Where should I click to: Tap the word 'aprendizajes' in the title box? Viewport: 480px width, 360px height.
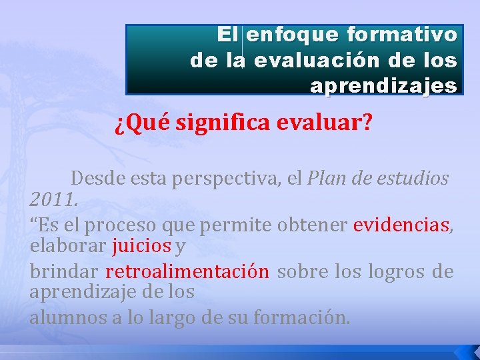(x=383, y=86)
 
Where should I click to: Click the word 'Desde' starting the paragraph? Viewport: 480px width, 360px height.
(x=96, y=179)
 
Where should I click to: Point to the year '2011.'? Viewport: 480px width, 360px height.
(x=54, y=199)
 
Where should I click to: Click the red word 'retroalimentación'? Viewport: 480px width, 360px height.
(x=187, y=272)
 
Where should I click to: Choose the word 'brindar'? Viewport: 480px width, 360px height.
(x=64, y=272)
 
